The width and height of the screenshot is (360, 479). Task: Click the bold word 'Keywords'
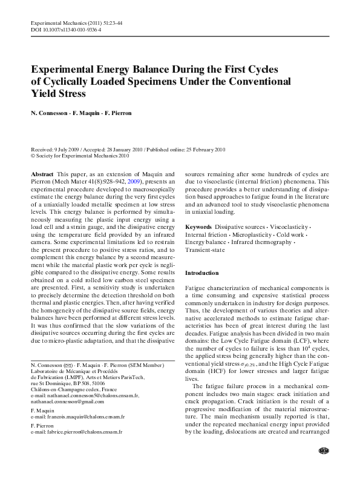coord(198,226)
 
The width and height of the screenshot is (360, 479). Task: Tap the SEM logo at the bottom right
coord(322,467)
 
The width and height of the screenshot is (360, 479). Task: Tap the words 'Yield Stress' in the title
coord(58,94)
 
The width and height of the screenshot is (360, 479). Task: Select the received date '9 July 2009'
coord(62,148)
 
